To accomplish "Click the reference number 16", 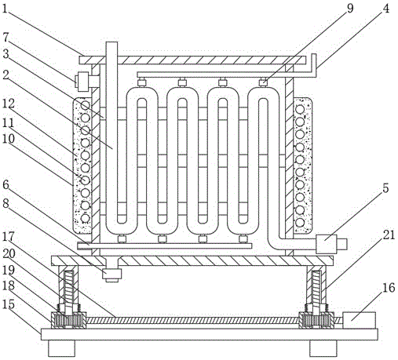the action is pyautogui.click(x=389, y=288).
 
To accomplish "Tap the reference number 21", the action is pyautogui.click(x=389, y=235).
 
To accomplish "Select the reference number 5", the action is pyautogui.click(x=385, y=188).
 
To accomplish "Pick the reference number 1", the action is pyautogui.click(x=5, y=9).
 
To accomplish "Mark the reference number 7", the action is pyautogui.click(x=5, y=37).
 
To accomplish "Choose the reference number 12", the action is pyautogui.click(x=9, y=104).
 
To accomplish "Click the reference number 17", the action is pyautogui.click(x=9, y=237).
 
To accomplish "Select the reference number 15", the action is pyautogui.click(x=9, y=304).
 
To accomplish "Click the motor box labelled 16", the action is pyautogui.click(x=359, y=320).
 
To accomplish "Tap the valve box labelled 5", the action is pyautogui.click(x=327, y=244).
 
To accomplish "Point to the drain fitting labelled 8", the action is pyautogui.click(x=112, y=275).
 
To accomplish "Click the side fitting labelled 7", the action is pyautogui.click(x=84, y=82).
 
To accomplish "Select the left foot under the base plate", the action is pyautogui.click(x=62, y=348).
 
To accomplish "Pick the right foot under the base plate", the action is pyautogui.click(x=323, y=348).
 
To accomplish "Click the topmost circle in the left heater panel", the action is pyautogui.click(x=85, y=105).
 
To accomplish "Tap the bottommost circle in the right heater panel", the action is pyautogui.click(x=300, y=223).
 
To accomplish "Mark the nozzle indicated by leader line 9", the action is pyautogui.click(x=262, y=83).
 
